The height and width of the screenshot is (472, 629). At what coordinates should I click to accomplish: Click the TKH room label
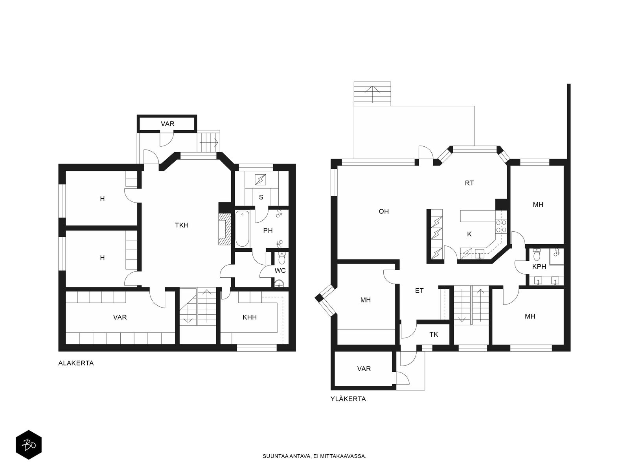tap(182, 225)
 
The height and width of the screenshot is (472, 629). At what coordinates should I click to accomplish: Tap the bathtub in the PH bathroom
tap(242, 229)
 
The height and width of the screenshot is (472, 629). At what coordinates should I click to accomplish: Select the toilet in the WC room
tap(282, 258)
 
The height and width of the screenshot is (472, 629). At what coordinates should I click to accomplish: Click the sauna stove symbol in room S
tap(261, 180)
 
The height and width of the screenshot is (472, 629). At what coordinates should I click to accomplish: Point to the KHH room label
tap(250, 317)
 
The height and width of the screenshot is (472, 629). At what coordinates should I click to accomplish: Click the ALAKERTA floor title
tap(76, 363)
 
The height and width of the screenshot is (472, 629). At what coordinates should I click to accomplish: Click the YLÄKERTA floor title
tap(348, 399)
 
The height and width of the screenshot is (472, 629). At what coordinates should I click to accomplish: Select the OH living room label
tap(384, 212)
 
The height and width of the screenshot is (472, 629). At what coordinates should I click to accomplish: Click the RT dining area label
tap(469, 183)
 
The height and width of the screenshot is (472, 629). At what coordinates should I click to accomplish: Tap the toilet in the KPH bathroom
tap(537, 254)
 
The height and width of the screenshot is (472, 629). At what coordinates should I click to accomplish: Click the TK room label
tap(434, 334)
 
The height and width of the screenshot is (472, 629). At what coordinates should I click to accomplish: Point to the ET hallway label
tap(419, 291)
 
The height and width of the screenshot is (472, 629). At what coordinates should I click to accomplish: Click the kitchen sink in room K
tap(479, 254)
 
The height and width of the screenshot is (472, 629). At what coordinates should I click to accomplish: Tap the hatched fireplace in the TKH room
tap(224, 229)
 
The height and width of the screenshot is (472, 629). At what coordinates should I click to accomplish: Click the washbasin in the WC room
tap(279, 284)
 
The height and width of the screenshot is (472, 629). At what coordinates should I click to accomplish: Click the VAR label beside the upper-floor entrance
tap(364, 369)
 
